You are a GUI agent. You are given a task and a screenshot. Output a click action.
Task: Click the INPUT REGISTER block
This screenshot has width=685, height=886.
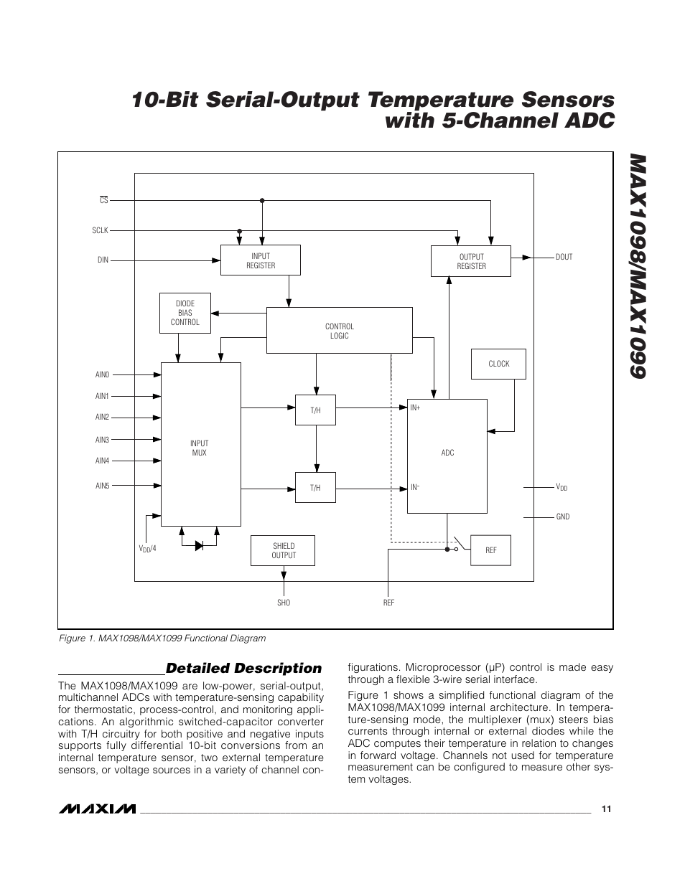point(260,260)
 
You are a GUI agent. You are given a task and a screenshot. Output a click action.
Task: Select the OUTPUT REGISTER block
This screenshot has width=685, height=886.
point(471,261)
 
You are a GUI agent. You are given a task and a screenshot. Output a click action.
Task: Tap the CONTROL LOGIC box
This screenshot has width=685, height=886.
point(339,331)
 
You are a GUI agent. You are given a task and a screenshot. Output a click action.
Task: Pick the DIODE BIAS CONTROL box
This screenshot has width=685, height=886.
point(185,313)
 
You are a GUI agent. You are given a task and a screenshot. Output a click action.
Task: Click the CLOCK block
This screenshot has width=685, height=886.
point(498,364)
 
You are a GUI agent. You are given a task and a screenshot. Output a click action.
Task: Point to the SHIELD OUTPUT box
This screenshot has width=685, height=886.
point(283,550)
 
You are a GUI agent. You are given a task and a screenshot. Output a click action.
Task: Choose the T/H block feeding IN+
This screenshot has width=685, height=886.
point(315,410)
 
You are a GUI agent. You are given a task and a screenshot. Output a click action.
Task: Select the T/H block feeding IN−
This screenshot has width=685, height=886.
point(315,488)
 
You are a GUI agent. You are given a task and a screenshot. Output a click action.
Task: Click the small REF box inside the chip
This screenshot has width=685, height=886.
point(490,550)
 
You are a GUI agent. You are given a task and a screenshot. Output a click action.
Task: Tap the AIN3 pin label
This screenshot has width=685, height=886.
point(102,440)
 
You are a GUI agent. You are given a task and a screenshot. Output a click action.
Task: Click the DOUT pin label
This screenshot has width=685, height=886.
point(564,257)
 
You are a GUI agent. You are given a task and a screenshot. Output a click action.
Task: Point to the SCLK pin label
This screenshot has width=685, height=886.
point(100,230)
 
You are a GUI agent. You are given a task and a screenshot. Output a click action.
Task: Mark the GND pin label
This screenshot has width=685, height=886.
point(562,517)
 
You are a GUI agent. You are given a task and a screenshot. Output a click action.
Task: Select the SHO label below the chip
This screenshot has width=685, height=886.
point(284,603)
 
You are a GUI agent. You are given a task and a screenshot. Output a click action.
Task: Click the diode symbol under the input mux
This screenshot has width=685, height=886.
point(200,545)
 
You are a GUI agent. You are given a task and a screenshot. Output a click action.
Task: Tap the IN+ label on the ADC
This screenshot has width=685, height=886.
point(415,407)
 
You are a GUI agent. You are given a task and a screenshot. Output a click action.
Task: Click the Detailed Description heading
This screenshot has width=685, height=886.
point(243,668)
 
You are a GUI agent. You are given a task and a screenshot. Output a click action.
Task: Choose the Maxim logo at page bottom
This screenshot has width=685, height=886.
point(97,809)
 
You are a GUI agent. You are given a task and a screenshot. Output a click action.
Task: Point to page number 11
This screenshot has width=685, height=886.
point(607,809)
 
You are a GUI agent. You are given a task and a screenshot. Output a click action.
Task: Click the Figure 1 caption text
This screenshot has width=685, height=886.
point(162,638)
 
